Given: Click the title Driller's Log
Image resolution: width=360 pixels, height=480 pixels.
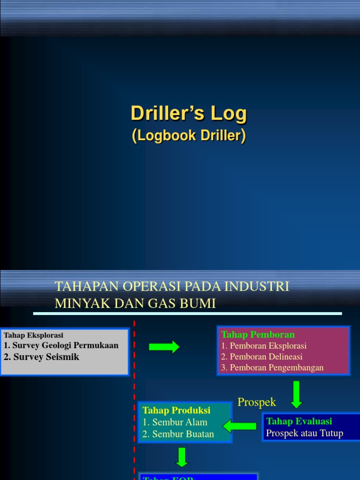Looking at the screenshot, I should point(188,113).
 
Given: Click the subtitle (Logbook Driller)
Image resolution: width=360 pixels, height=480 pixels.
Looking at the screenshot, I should point(188,135).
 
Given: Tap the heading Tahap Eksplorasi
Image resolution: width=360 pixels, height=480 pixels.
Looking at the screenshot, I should point(33,335).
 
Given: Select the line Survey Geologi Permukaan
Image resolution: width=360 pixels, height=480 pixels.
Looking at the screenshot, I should point(61,345).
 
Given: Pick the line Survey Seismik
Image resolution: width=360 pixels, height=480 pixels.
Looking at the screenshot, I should point(42,357).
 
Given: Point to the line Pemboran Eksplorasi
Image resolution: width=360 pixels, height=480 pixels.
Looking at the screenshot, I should point(264,346).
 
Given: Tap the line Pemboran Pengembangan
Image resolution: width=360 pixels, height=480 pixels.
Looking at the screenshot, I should point(272,367).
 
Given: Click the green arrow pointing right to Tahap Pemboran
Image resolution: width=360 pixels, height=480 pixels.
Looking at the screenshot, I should point(164,347).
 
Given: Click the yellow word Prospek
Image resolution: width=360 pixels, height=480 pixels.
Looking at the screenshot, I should point(257,402).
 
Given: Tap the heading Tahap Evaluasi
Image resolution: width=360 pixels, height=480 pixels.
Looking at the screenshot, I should point(299,421).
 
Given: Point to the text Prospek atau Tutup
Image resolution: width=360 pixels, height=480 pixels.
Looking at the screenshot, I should point(305,433).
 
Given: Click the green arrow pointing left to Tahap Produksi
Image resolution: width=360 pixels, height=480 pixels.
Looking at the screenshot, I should point(240,426).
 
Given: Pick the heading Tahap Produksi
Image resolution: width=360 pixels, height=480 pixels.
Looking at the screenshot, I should point(176,410).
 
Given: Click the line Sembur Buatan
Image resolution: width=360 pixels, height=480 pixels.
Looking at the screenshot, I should point(179,434).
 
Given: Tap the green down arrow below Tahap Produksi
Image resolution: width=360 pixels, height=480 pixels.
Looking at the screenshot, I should point(182,457).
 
